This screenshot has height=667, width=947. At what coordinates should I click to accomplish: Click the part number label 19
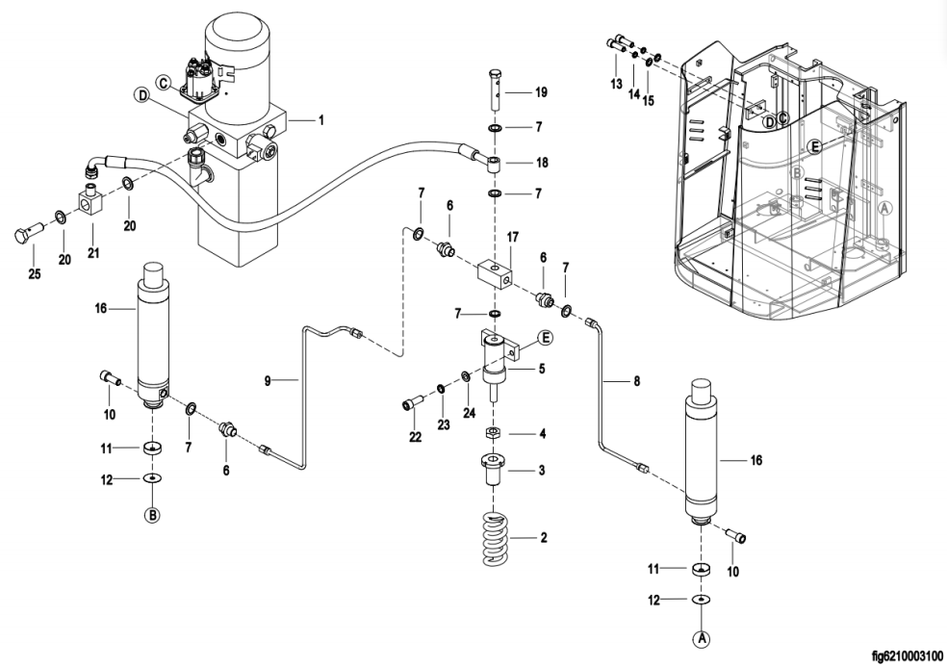[541, 92]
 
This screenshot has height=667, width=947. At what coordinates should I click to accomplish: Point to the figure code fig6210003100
[895, 655]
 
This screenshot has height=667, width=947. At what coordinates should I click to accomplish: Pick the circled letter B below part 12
[151, 515]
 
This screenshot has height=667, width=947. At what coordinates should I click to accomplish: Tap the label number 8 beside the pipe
[636, 382]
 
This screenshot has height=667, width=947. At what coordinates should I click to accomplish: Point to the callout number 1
[321, 120]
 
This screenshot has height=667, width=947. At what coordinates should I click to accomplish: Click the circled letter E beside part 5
[544, 337]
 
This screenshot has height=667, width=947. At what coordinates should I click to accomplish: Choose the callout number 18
[543, 163]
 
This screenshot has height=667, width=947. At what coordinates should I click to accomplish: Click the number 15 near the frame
[650, 100]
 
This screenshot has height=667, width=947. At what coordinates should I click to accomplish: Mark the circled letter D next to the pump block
[142, 95]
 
